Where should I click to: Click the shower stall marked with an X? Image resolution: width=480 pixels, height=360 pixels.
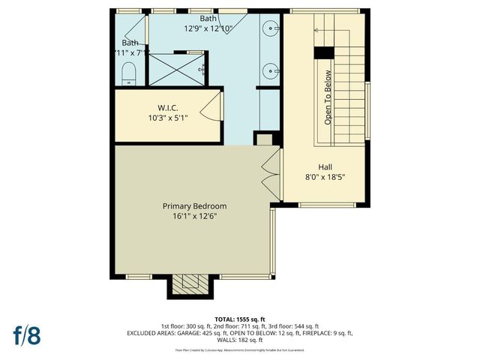[175, 69]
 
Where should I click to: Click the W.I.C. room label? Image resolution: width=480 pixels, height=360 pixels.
[167, 106]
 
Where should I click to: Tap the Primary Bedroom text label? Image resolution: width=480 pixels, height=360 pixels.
[194, 206]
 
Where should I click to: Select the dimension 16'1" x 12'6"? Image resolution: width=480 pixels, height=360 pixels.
[194, 216]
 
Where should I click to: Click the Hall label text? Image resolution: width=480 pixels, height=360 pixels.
[325, 167]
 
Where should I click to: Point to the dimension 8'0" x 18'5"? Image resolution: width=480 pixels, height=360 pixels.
[325, 177]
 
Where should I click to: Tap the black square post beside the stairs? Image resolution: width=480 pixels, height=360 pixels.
[322, 53]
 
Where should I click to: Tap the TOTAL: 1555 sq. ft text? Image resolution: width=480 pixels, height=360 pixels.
[239, 318]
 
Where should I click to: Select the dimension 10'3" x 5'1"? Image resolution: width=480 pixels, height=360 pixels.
[167, 117]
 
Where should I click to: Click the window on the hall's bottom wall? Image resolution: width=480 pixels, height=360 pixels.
[326, 205]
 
